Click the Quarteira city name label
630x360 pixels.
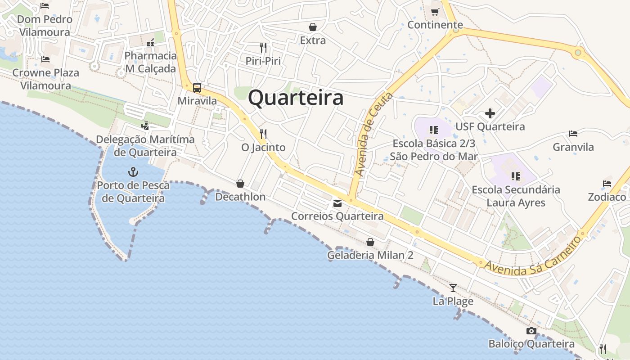click(296, 98)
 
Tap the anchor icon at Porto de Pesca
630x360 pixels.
click(133, 171)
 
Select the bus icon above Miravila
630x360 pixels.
click(197, 87)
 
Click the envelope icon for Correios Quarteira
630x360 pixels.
click(337, 203)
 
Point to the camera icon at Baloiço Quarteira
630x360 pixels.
click(531, 331)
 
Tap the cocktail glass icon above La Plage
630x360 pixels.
click(453, 288)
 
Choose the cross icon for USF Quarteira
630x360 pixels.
click(490, 113)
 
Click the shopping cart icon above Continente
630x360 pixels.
click(435, 12)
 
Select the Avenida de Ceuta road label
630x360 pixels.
click(373, 134)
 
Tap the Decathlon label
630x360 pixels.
click(240, 197)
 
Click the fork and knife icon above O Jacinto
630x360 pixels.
click(263, 134)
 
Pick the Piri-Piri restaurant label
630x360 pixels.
click(263, 60)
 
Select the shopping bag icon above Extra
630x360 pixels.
click(312, 27)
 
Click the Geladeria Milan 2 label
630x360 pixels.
click(370, 255)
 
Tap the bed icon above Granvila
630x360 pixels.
click(573, 133)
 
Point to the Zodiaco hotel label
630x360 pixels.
click(607, 197)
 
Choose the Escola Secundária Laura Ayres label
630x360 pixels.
click(516, 196)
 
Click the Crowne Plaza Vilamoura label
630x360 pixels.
click(45, 79)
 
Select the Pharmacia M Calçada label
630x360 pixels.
click(150, 62)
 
